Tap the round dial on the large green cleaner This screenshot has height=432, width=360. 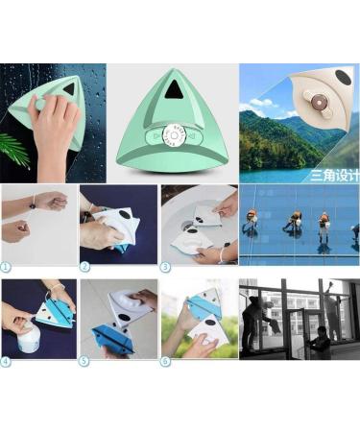click(x=173, y=136)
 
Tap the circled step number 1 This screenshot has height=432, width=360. click(x=7, y=266)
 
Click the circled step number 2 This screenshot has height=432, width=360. click(x=84, y=266)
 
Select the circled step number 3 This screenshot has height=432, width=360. click(x=165, y=266)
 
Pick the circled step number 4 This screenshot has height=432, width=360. click(x=7, y=361)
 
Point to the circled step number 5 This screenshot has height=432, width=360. click(x=84, y=361)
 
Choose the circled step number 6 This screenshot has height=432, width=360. click(x=165, y=361)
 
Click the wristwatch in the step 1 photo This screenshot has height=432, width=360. click(x=35, y=204)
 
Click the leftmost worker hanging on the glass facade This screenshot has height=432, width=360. click(x=251, y=223)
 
